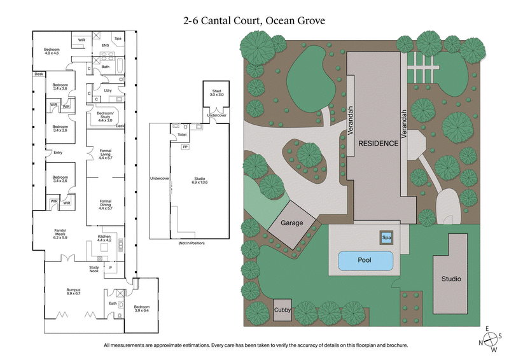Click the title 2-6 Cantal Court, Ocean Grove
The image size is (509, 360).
click(x=254, y=21)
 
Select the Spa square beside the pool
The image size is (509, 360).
click(x=386, y=238)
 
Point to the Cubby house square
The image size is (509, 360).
click(x=283, y=310)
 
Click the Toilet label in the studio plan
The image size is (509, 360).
click(x=183, y=135)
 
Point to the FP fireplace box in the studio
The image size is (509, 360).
click(x=185, y=148)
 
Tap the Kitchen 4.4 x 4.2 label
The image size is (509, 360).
click(x=104, y=239)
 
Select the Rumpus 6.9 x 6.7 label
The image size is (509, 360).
click(x=74, y=292)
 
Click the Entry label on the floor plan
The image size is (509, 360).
click(x=58, y=152)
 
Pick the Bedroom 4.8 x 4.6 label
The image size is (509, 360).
click(x=52, y=51)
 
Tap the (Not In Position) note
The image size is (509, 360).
click(x=188, y=244)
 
